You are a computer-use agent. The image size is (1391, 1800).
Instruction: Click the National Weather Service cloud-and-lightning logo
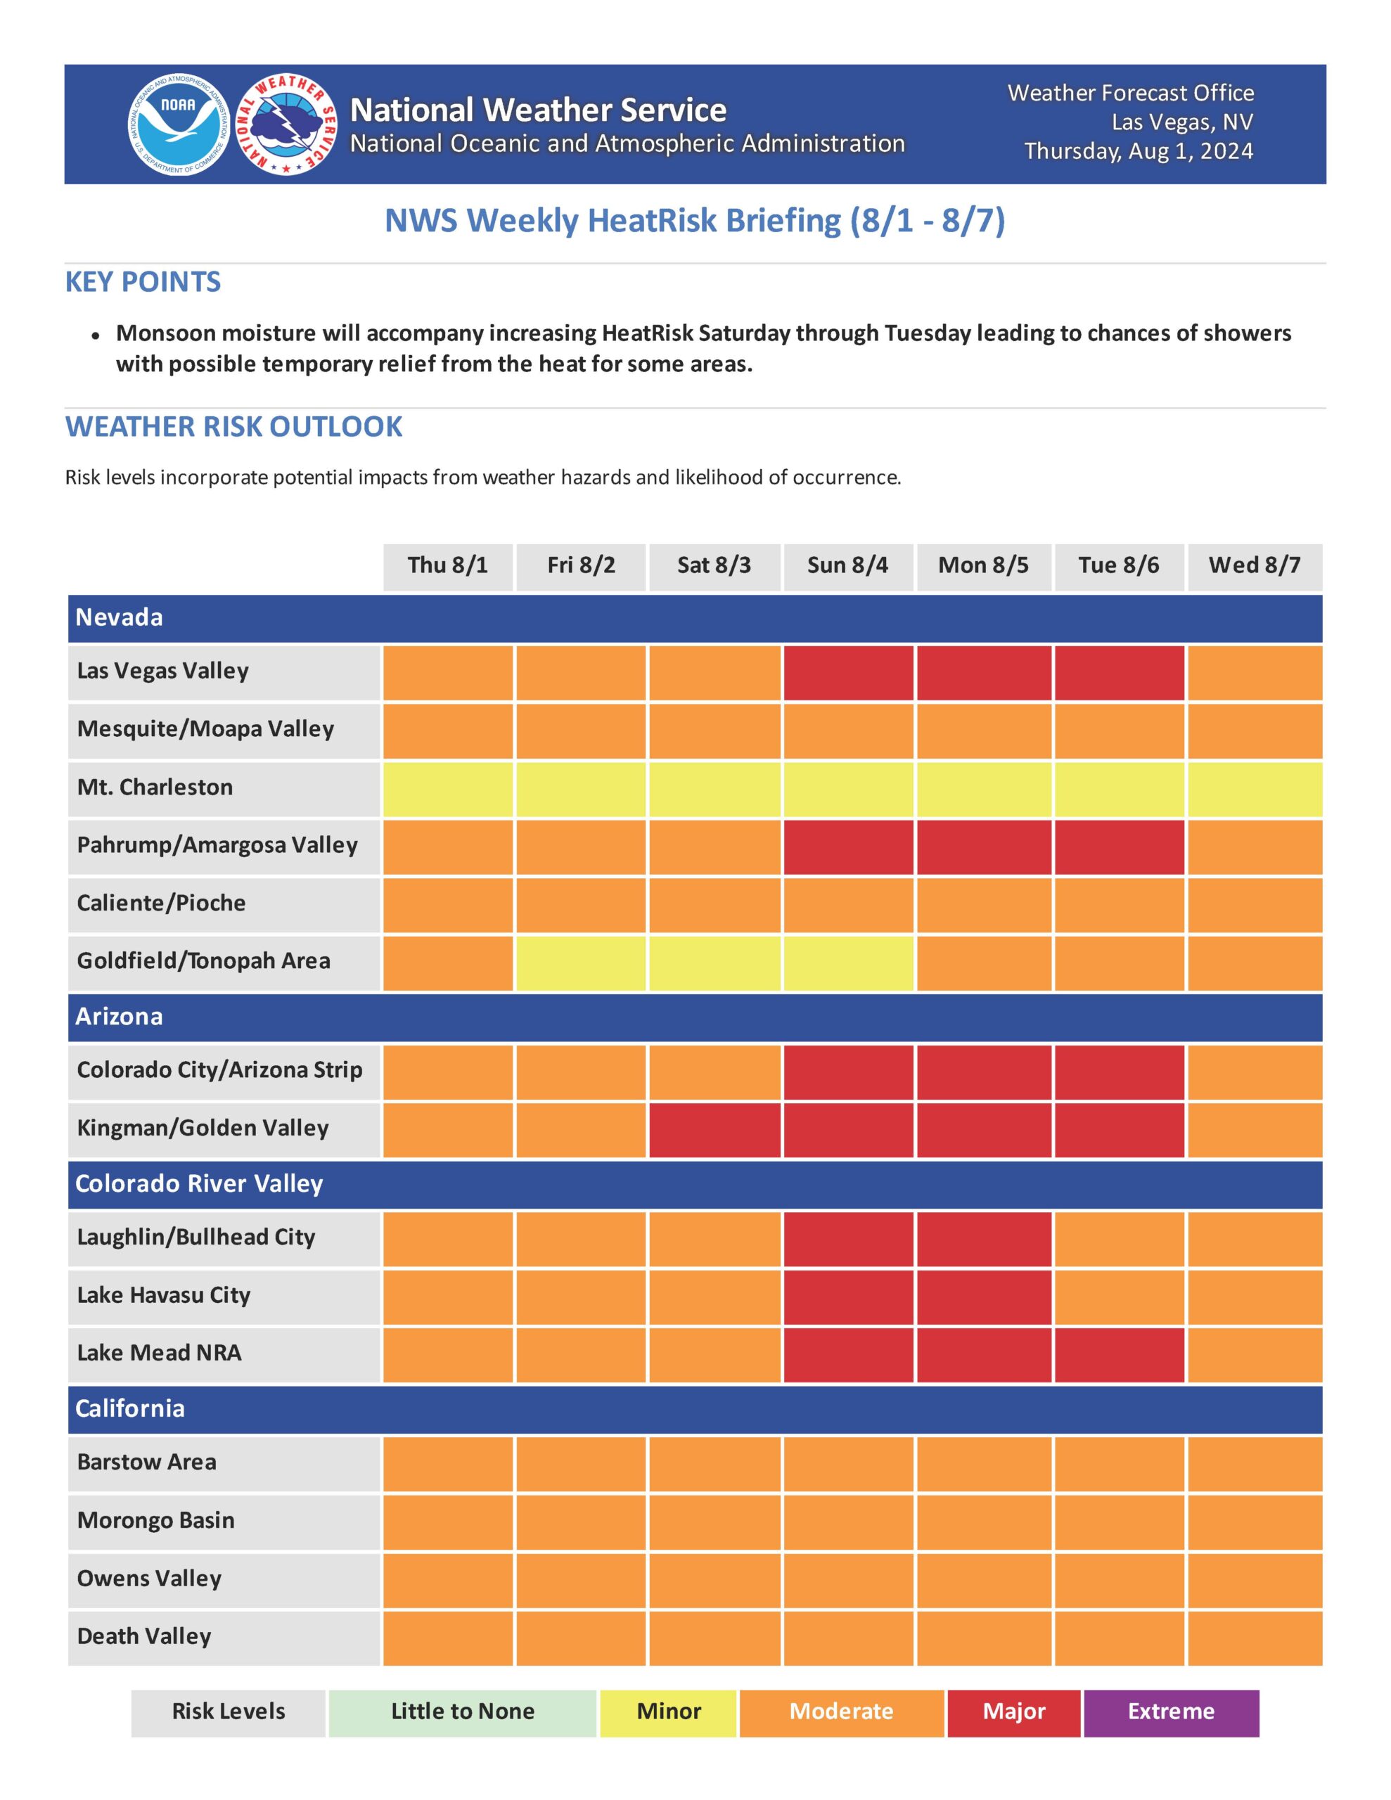pos(287,124)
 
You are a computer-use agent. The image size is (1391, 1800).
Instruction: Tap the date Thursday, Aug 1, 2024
pos(1138,152)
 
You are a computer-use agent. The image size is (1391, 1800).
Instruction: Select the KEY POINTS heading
pos(143,282)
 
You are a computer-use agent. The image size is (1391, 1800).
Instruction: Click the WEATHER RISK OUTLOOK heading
pos(233,427)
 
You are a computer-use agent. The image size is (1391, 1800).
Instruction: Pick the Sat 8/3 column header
pos(714,565)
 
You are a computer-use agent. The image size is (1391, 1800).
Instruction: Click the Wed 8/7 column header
pos(1254,565)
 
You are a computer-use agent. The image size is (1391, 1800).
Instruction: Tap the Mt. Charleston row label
pos(154,787)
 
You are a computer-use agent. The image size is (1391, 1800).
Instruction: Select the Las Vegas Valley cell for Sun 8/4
pos(847,671)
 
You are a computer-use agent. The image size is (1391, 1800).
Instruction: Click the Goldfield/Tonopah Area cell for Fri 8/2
pos(580,962)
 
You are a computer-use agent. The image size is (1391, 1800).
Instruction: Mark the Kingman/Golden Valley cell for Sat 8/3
pos(714,1129)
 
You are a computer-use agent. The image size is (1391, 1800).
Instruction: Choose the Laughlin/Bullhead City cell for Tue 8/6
pos(1118,1238)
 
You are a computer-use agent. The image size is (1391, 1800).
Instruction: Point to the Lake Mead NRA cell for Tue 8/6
pos(1118,1354)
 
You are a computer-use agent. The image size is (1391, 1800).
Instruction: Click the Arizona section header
pos(119,1016)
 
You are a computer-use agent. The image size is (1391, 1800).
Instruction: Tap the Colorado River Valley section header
pos(199,1183)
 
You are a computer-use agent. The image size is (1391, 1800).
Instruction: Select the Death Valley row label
pos(143,1636)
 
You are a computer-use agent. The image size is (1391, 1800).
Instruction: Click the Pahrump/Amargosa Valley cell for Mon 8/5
pos(983,846)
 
